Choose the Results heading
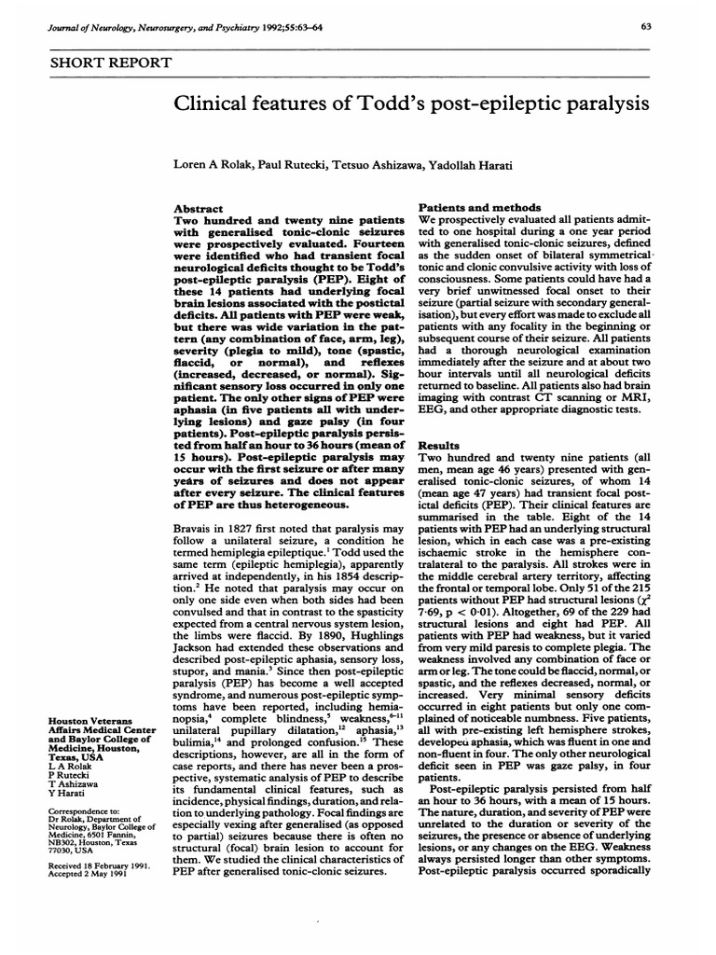pos(439,421)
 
